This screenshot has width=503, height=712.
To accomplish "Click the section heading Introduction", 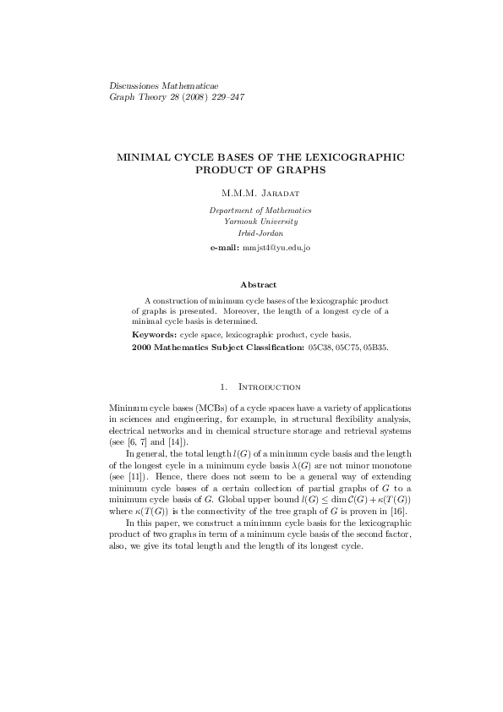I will point(271,386).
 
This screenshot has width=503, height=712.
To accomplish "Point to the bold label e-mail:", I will point(225,247).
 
